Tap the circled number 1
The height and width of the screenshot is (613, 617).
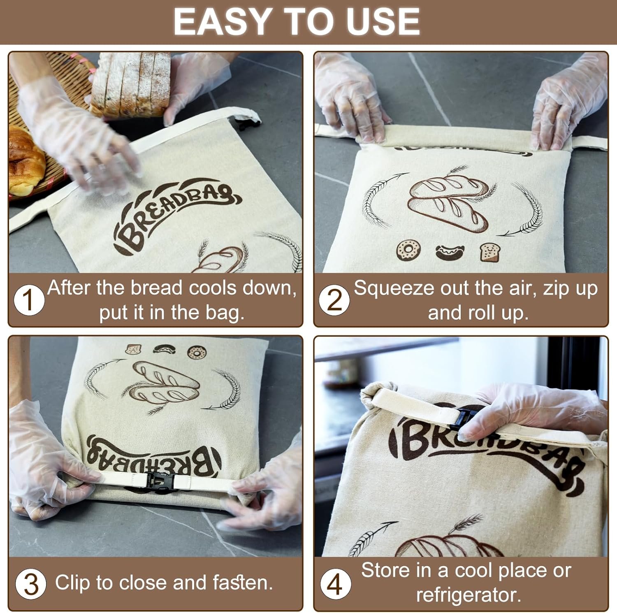[x=29, y=300]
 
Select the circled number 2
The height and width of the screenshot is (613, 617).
[x=334, y=300]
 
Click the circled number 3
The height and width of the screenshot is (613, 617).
[x=30, y=584]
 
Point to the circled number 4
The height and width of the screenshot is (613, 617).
[x=335, y=584]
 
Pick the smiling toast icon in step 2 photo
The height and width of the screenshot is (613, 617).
[x=489, y=251]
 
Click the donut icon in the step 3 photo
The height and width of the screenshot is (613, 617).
[x=196, y=352]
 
